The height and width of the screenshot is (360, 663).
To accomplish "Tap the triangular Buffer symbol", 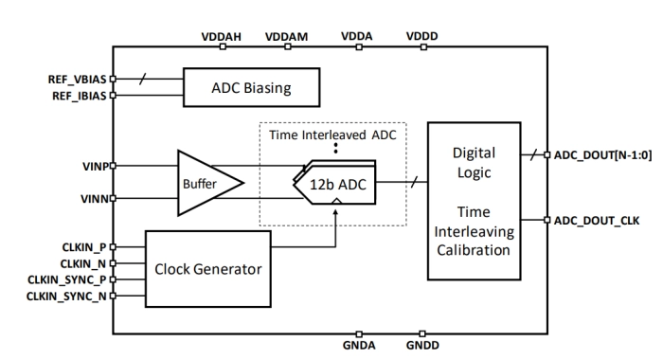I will pos(202,181).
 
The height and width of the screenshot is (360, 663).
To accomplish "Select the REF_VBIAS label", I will pos(77,80).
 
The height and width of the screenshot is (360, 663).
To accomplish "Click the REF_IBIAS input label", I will pos(77,96).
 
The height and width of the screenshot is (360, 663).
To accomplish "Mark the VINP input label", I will pos(92,165).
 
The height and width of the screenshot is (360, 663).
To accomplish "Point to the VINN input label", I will pos(92,199).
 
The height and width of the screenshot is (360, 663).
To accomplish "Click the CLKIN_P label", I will pos(83,246).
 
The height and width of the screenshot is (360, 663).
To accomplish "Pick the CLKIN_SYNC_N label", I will pos(67,297).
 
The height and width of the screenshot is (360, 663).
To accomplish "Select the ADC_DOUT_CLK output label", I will pos(597,220).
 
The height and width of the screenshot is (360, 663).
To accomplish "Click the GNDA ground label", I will pos(360,346).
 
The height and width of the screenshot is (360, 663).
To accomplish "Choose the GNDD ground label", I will pos(422,346).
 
